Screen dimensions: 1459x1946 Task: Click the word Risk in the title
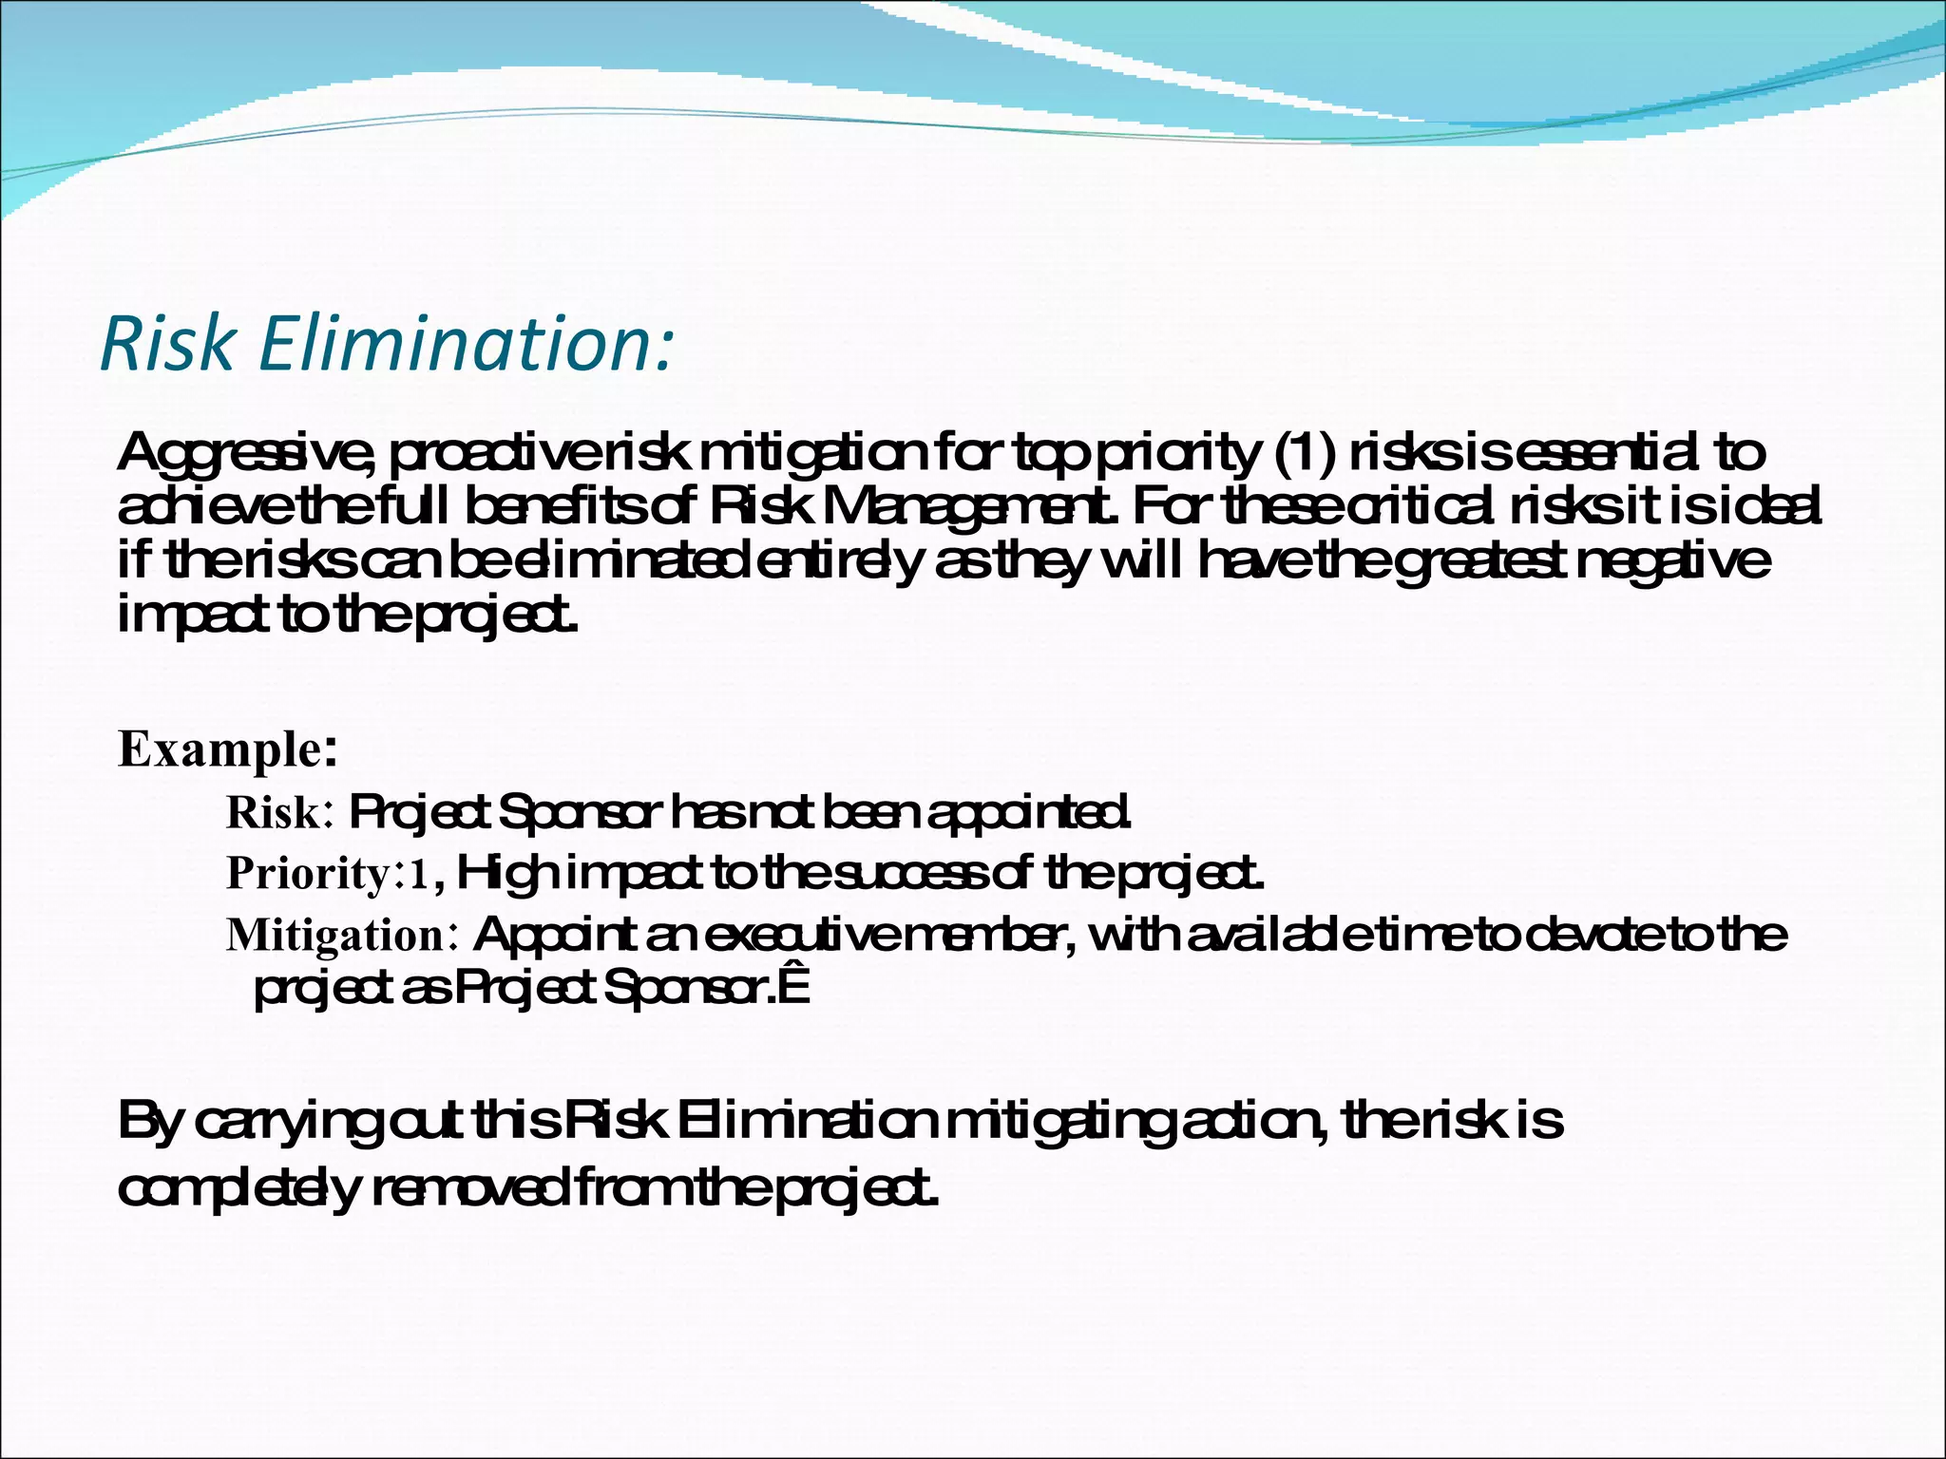tap(167, 343)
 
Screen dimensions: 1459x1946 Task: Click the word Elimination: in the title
tap(466, 343)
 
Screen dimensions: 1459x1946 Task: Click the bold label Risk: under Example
tap(278, 813)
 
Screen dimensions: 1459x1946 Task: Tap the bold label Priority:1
tap(328, 873)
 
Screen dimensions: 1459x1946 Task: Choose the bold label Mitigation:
tap(343, 936)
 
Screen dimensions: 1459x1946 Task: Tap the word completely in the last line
tap(238, 1189)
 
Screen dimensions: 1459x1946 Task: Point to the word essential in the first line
tap(1607, 454)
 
